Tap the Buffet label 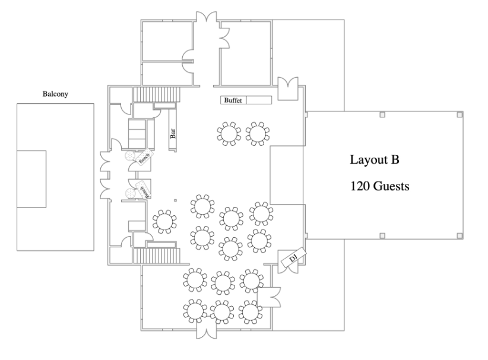coord(234,101)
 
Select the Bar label coord(173,132)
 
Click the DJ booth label coord(293,258)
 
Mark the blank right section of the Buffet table coord(259,101)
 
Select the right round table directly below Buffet coord(258,133)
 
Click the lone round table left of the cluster coord(165,221)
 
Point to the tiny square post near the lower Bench coord(176,200)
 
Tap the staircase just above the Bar coord(155,94)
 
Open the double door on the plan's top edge coord(210,17)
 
